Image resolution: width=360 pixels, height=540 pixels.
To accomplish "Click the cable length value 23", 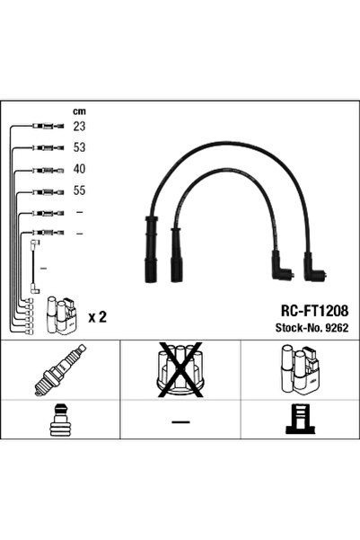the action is (x=79, y=127).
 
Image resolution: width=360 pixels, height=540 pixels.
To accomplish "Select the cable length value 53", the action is (x=79, y=147).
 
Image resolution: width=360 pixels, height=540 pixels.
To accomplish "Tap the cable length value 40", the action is (x=79, y=169).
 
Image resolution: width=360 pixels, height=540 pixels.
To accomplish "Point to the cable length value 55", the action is (x=79, y=190).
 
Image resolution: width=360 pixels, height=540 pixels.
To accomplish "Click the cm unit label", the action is (x=79, y=111).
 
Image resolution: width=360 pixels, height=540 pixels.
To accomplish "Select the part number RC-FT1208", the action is (x=314, y=311).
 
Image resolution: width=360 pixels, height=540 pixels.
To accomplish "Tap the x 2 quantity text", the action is (x=97, y=317).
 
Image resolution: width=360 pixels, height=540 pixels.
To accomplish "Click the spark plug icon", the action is (x=60, y=369).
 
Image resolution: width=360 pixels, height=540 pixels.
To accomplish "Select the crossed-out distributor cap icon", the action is (x=180, y=369).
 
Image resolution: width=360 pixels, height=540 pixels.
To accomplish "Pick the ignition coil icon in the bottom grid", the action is (x=300, y=369).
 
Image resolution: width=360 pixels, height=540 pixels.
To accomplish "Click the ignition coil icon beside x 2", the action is (x=61, y=315).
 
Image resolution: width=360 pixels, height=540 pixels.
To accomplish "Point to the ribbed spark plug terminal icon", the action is (x=60, y=420).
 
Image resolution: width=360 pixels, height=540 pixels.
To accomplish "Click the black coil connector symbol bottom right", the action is (x=301, y=419).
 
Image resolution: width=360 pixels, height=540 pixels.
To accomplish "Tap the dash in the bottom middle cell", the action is (x=180, y=421).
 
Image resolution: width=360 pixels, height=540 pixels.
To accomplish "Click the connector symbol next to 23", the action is (x=48, y=126).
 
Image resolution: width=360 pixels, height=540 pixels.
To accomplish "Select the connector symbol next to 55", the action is (x=48, y=191).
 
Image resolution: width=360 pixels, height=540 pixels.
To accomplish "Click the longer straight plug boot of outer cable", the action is (x=151, y=250).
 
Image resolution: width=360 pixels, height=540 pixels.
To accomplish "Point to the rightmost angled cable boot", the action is (x=314, y=267).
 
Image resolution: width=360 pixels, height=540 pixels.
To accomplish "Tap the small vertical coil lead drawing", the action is (x=34, y=267).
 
